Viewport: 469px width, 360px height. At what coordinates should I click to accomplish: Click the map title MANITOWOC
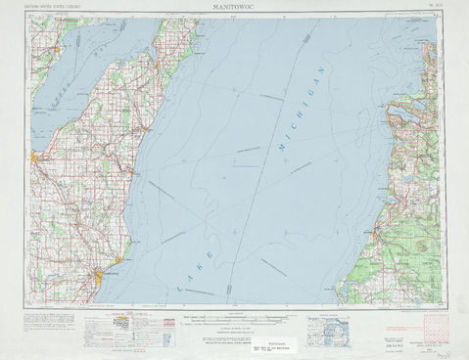pos(235,6)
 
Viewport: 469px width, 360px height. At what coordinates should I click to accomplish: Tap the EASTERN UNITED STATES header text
pos(59,8)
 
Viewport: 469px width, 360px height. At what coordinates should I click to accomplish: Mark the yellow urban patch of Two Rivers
pos(118,259)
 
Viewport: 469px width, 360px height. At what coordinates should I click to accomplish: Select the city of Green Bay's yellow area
pos(33,155)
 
